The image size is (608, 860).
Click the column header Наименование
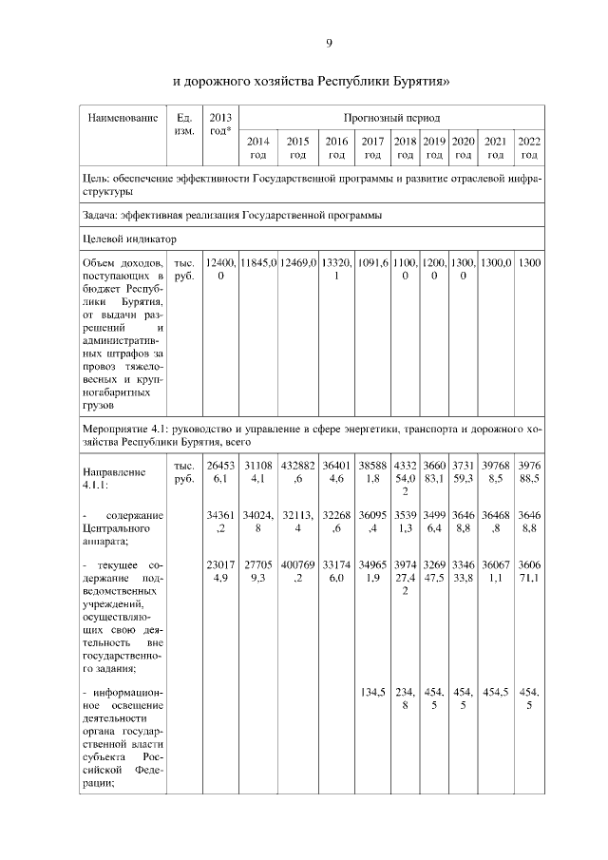tap(122, 119)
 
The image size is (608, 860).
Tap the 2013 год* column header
tap(220, 124)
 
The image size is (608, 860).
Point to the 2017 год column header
tap(371, 148)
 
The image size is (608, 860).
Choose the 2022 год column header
tap(529, 148)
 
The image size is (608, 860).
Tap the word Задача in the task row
tap(103, 215)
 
